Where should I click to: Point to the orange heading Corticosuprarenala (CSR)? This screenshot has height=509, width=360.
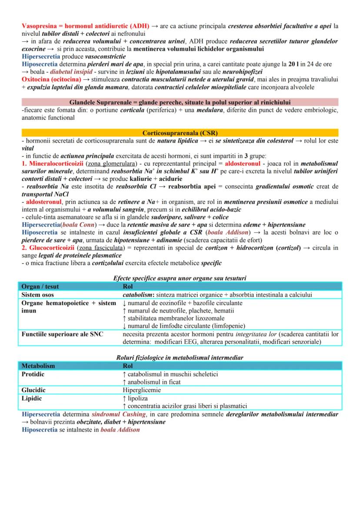(180, 132)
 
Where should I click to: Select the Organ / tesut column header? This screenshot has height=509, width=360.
(40, 287)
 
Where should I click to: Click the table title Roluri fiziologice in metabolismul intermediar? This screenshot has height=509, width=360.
(180, 357)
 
